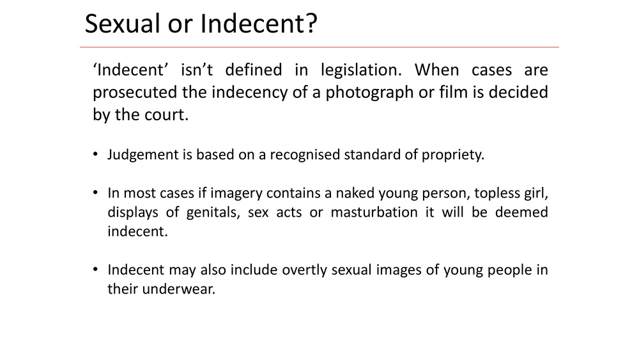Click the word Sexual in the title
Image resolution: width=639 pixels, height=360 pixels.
click(122, 23)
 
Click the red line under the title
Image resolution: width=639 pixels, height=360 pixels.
click(319, 47)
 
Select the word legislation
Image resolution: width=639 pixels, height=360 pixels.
click(361, 70)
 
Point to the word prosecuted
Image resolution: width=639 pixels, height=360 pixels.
click(135, 93)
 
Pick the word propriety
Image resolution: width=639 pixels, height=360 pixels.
click(453, 155)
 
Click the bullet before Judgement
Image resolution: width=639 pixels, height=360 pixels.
click(95, 155)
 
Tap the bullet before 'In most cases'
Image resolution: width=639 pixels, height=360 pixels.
click(95, 192)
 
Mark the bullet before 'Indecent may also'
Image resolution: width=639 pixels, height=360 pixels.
click(95, 269)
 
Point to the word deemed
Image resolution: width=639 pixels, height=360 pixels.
click(521, 212)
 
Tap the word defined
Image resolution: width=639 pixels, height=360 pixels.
click(254, 70)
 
